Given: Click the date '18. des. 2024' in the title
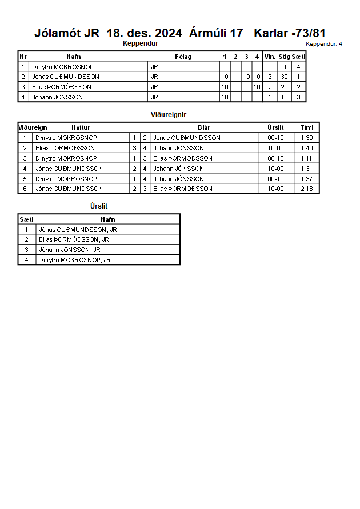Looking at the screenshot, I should (145, 33).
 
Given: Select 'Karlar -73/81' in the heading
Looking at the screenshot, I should (290, 33).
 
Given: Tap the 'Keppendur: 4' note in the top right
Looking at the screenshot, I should (324, 43).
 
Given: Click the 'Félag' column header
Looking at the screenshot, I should (183, 57).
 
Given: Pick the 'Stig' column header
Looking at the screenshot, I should (284, 57).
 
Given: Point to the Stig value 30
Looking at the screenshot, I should (284, 77).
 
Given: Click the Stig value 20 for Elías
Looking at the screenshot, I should (284, 87).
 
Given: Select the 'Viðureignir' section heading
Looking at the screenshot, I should (169, 115).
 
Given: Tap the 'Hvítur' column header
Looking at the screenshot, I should (81, 127).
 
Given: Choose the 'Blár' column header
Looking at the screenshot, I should (204, 127).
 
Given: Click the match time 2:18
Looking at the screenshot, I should (307, 189).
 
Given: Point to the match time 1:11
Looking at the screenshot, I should (307, 158).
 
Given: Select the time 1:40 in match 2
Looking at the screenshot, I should (307, 148).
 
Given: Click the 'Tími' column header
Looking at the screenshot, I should (307, 127).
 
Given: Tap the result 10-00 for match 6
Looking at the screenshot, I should (275, 189).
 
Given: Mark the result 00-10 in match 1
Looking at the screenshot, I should (275, 138).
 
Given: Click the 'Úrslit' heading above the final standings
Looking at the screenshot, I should (99, 206).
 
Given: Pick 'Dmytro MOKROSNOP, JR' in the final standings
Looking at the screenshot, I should (74, 260).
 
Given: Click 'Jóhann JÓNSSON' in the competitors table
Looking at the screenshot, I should (57, 97).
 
